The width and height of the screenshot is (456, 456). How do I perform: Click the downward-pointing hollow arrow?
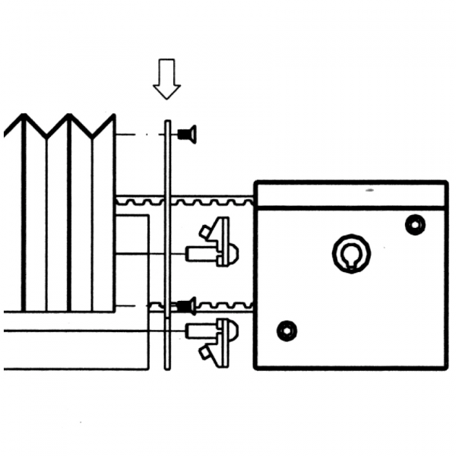(166, 79)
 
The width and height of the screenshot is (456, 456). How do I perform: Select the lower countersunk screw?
(186, 306)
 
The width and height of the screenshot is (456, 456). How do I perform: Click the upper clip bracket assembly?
(212, 242)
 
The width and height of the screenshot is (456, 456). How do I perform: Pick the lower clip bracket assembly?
(212, 341)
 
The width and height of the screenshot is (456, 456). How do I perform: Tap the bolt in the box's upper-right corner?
(415, 225)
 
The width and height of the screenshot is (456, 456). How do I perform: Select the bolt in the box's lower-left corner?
(287, 331)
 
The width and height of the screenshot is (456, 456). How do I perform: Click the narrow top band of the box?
(350, 195)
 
